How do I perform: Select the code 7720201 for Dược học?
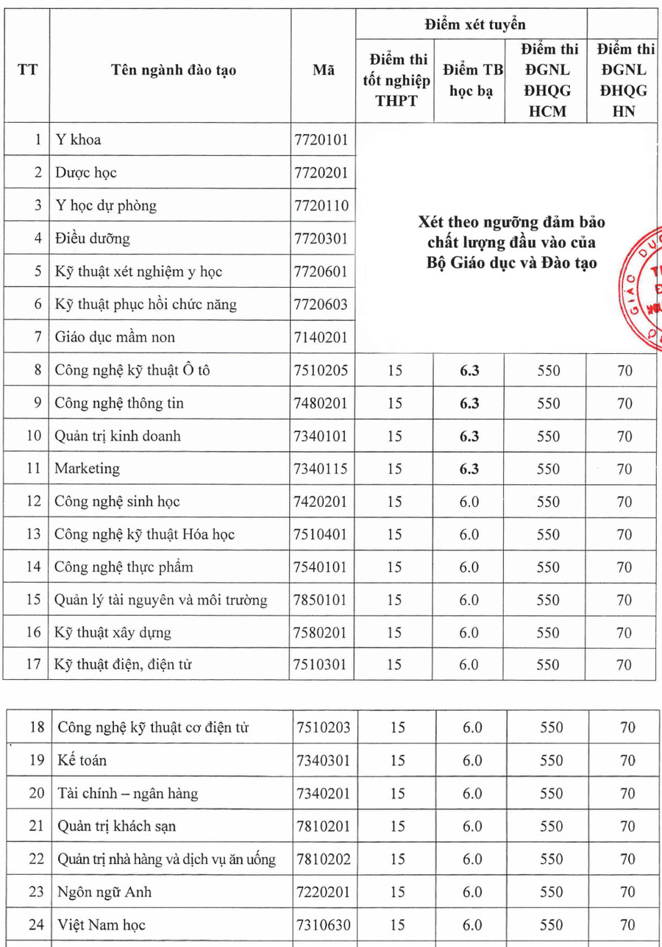[320, 173]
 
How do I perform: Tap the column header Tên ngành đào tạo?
[174, 71]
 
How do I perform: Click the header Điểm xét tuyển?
[475, 24]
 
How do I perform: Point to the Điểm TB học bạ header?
[472, 81]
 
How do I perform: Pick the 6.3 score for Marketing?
[469, 469]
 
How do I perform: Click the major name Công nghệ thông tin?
[119, 403]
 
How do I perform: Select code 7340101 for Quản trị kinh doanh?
[320, 436]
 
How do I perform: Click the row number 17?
[33, 665]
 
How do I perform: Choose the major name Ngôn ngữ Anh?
[105, 892]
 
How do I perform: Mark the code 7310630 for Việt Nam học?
[323, 925]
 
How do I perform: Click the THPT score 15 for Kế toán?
[397, 761]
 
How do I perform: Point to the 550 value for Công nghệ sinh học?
[548, 502]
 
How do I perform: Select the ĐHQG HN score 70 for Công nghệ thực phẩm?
[624, 567]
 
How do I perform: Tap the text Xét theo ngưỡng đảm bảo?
[511, 221]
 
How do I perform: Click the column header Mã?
[324, 71]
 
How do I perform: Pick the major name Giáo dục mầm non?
[115, 337]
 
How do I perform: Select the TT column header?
[27, 71]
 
